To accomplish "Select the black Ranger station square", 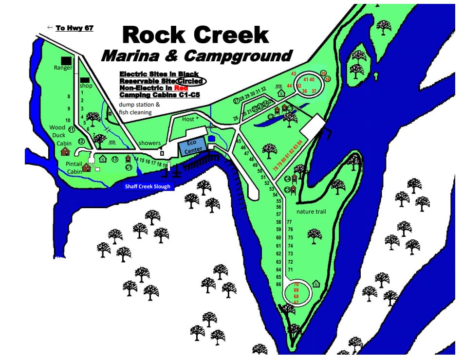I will point(66,60).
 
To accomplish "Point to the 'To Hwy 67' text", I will point(74,28).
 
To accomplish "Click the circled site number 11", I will point(72,130).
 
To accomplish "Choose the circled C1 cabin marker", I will point(129,167).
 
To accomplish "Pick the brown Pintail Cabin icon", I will point(86,168).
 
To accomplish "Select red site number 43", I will point(294,74).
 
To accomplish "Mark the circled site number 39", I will point(323,73).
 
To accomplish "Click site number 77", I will point(289,222).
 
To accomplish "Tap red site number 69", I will point(296,290).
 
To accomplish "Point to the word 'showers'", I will point(149,143).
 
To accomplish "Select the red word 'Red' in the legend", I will point(181,88).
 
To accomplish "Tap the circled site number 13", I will point(115,159).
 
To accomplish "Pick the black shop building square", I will point(85,80).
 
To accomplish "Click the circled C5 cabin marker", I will point(288,190).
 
